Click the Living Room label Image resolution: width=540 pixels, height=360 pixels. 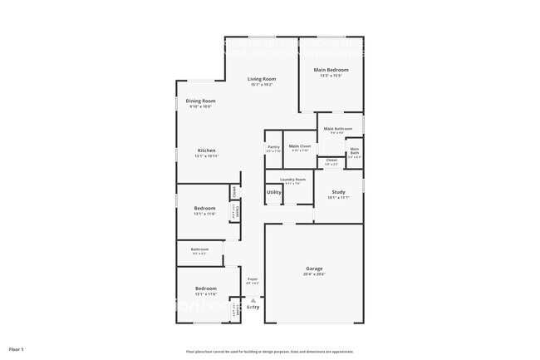click(262, 78)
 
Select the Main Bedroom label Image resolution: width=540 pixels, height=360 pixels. click(331, 70)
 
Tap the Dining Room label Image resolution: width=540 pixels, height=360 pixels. click(200, 101)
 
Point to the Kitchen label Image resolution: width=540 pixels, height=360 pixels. click(206, 150)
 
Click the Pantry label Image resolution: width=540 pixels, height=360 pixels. click(273, 146)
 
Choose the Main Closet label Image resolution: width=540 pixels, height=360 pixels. click(299, 146)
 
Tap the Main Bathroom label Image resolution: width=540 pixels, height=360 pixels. click(339, 129)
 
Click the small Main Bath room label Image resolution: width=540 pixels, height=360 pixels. click(354, 151)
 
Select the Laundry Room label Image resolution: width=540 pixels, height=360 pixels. click(292, 180)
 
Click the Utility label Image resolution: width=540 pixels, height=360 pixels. click(273, 193)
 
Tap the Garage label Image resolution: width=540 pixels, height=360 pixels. click(314, 269)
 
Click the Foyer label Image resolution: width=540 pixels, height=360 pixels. click(253, 279)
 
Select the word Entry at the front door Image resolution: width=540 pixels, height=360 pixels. click(253, 308)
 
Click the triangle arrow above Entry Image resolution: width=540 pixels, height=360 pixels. click(253, 301)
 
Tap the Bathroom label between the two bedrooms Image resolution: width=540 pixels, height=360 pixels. click(199, 249)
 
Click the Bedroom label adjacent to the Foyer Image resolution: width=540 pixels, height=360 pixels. click(205, 289)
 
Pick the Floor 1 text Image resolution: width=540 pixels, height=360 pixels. click(17, 349)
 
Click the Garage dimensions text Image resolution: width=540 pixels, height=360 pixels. click(314, 274)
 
